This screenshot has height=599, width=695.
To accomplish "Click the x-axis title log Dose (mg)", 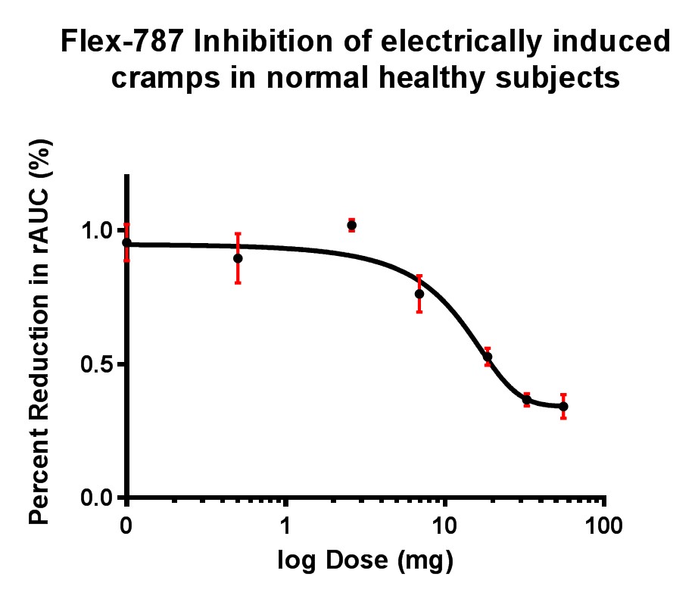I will (365, 561).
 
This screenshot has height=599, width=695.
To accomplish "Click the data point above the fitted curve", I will (352, 226).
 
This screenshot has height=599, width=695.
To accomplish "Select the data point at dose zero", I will (127, 243).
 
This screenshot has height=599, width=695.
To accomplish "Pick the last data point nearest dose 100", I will (563, 407).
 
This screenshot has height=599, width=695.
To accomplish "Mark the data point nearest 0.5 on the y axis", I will (488, 357).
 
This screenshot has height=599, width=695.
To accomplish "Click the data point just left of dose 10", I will (419, 294).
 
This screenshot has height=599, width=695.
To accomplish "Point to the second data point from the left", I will (238, 258).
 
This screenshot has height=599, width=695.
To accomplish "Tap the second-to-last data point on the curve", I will (526, 399).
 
